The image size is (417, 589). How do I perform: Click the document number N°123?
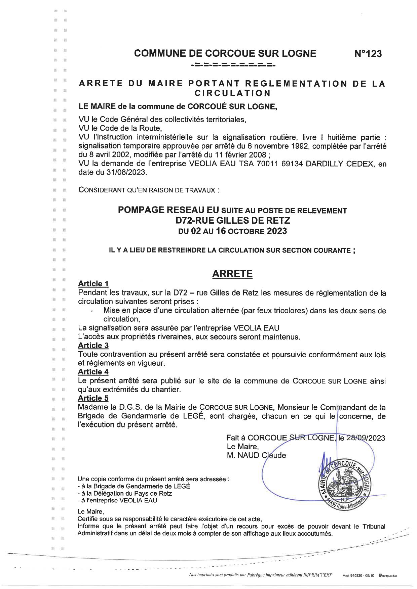[x=368, y=54]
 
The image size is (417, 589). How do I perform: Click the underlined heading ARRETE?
[x=232, y=274]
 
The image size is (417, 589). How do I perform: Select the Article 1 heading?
[x=93, y=284]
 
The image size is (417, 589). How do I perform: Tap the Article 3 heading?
[x=93, y=345]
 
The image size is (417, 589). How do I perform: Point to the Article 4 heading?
[x=93, y=372]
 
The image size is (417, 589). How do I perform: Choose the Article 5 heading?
[x=93, y=398]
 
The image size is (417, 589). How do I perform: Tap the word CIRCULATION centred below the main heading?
[x=232, y=93]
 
